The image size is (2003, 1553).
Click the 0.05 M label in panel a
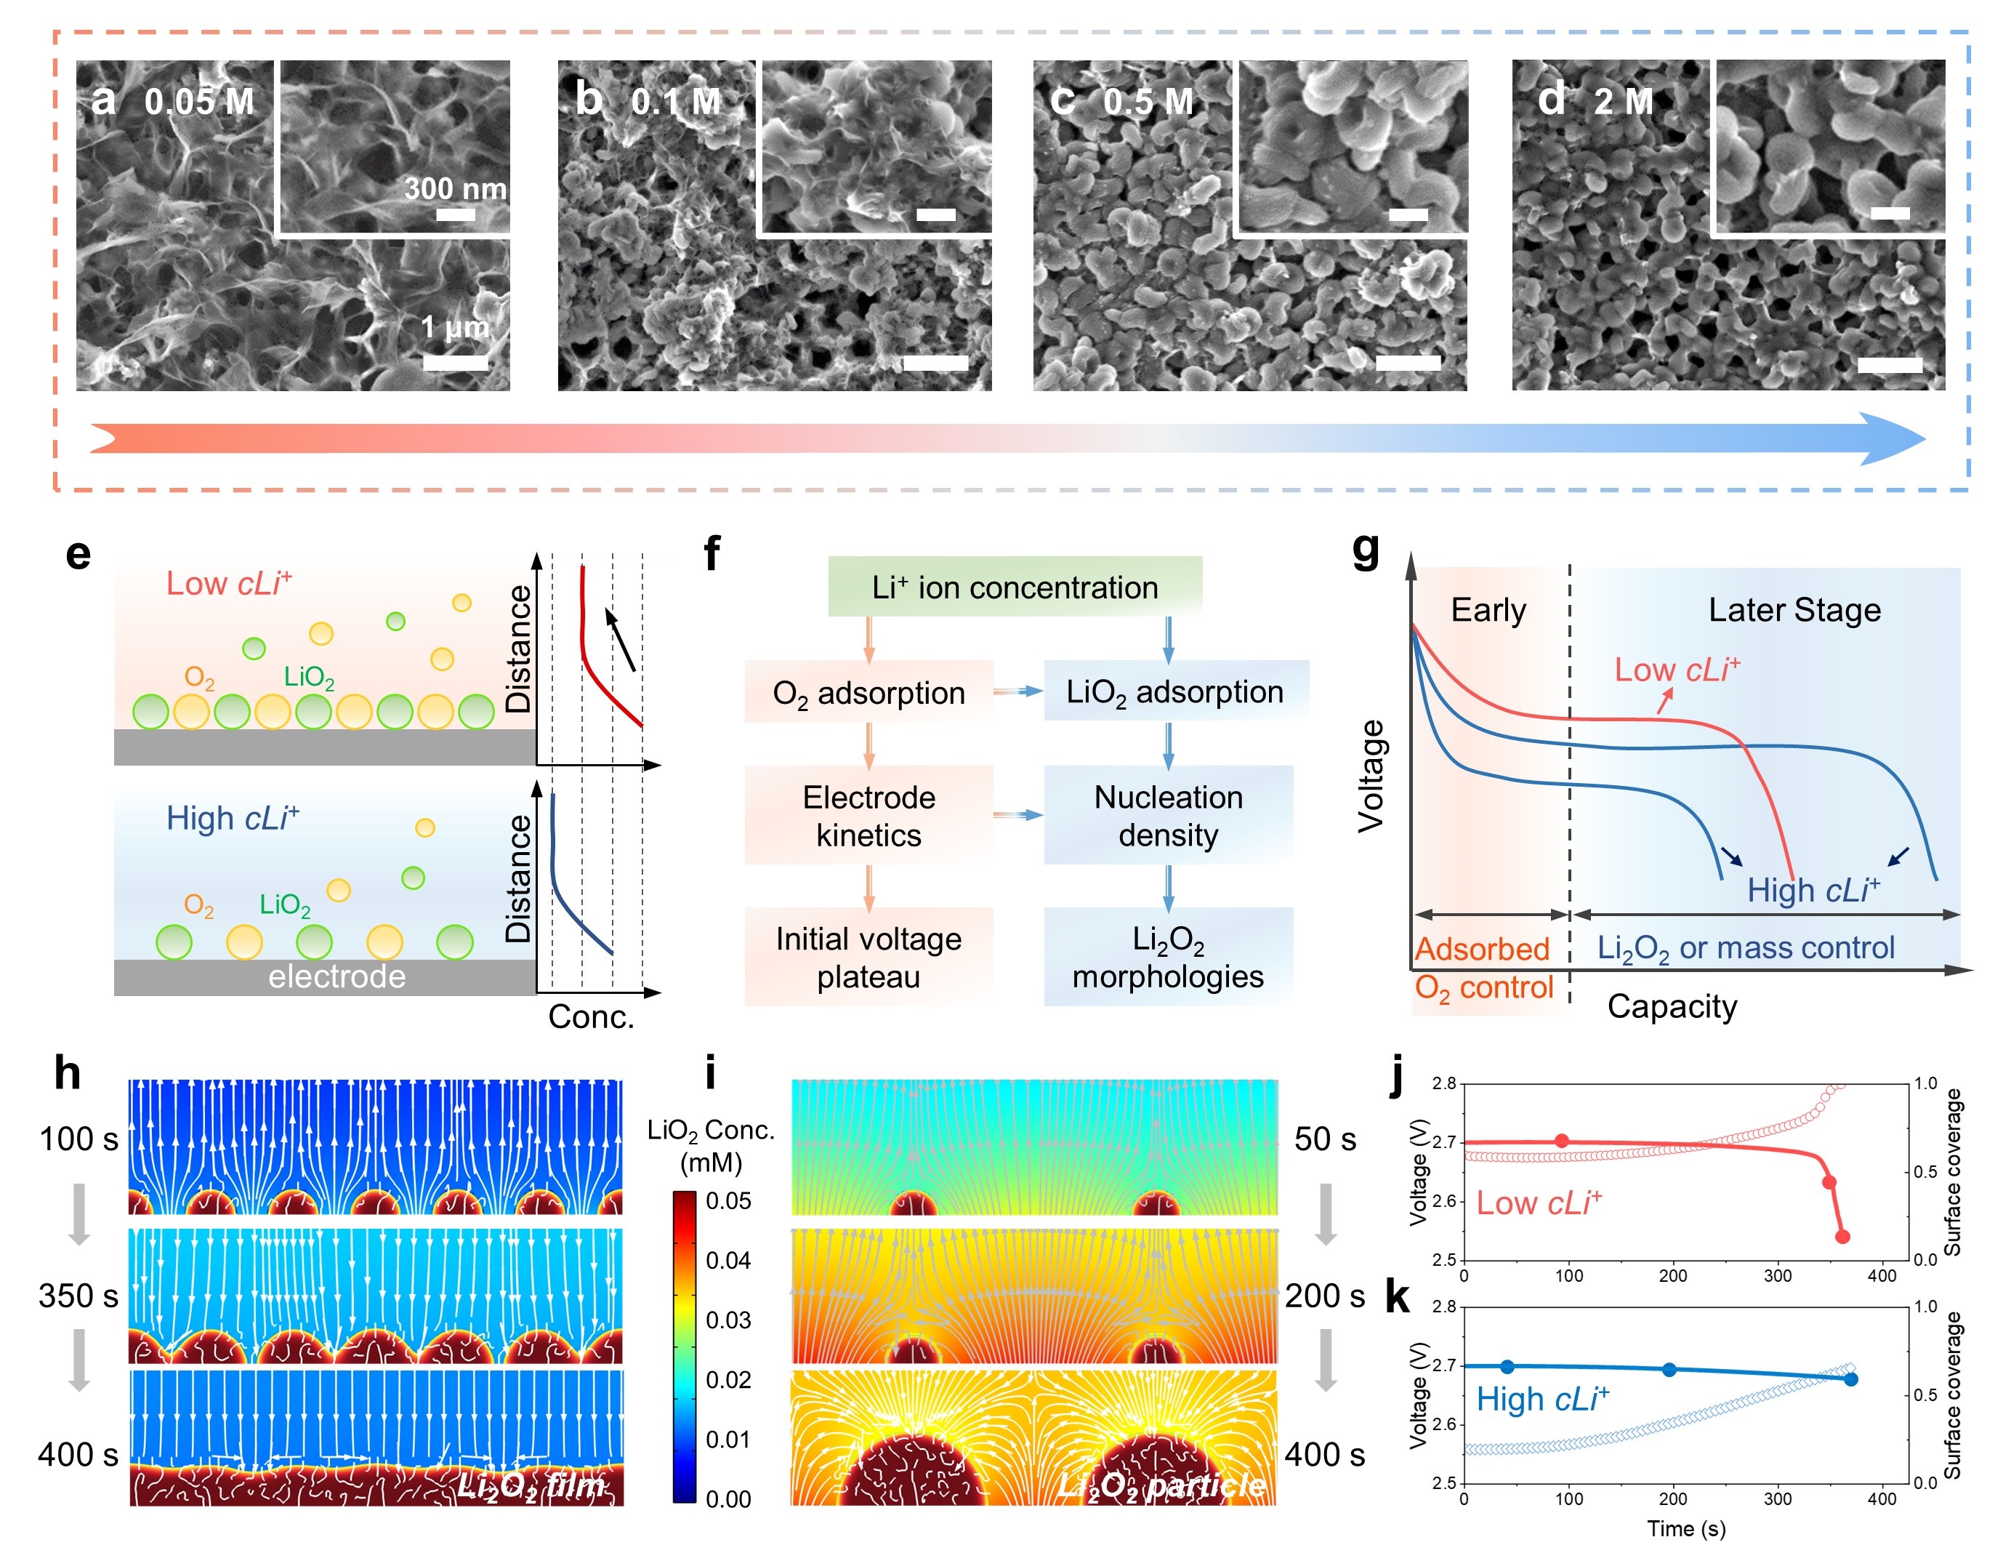[x=199, y=101]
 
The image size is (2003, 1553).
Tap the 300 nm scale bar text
[x=455, y=188]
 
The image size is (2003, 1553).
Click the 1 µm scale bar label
[x=455, y=326]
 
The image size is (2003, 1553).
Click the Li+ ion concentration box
[x=1015, y=587]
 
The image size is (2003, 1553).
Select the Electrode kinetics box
[x=868, y=816]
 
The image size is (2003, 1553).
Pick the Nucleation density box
[x=1169, y=816]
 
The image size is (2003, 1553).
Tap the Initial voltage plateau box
[x=868, y=957]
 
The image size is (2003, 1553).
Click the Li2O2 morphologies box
[x=1169, y=957]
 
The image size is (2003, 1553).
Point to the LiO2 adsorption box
[x=1174, y=691]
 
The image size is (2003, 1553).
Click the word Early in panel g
[x=1488, y=610]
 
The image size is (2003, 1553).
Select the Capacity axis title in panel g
[x=1672, y=1006]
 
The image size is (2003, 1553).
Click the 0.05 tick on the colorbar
[x=728, y=1201]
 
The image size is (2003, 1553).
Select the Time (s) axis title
[x=1685, y=1528]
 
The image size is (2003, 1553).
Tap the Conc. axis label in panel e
[x=592, y=1016]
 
